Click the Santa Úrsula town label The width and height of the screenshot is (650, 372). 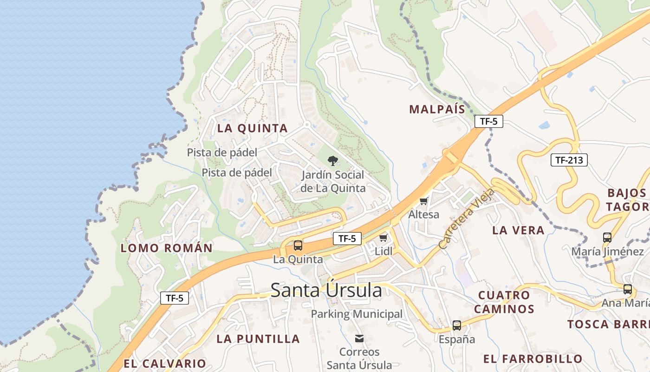[x=326, y=291]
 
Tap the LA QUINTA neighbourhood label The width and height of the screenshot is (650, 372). [x=253, y=128]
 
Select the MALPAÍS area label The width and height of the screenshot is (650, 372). [x=437, y=109]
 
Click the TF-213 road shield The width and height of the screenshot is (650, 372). [x=569, y=160]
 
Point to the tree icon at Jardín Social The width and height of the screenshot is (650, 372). [x=332, y=161]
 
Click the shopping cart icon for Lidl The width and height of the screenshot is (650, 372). [x=383, y=238]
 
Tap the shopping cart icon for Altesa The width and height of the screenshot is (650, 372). [x=423, y=201]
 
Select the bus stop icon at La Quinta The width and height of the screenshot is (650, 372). [x=298, y=246]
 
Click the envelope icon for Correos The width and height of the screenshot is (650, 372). [x=359, y=338]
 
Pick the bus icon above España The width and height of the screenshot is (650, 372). [x=457, y=325]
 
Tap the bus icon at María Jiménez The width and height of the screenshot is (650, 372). [x=607, y=238]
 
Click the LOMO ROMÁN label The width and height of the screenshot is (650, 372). [x=167, y=248]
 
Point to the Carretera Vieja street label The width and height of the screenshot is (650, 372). [x=467, y=219]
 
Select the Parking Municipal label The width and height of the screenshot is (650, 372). [x=357, y=314]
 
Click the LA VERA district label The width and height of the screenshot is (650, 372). [x=518, y=230]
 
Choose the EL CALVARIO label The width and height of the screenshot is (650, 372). [x=164, y=363]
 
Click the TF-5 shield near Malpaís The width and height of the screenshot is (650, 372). [x=489, y=122]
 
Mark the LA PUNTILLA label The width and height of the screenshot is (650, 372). [x=258, y=339]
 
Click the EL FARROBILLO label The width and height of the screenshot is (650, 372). [x=533, y=359]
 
